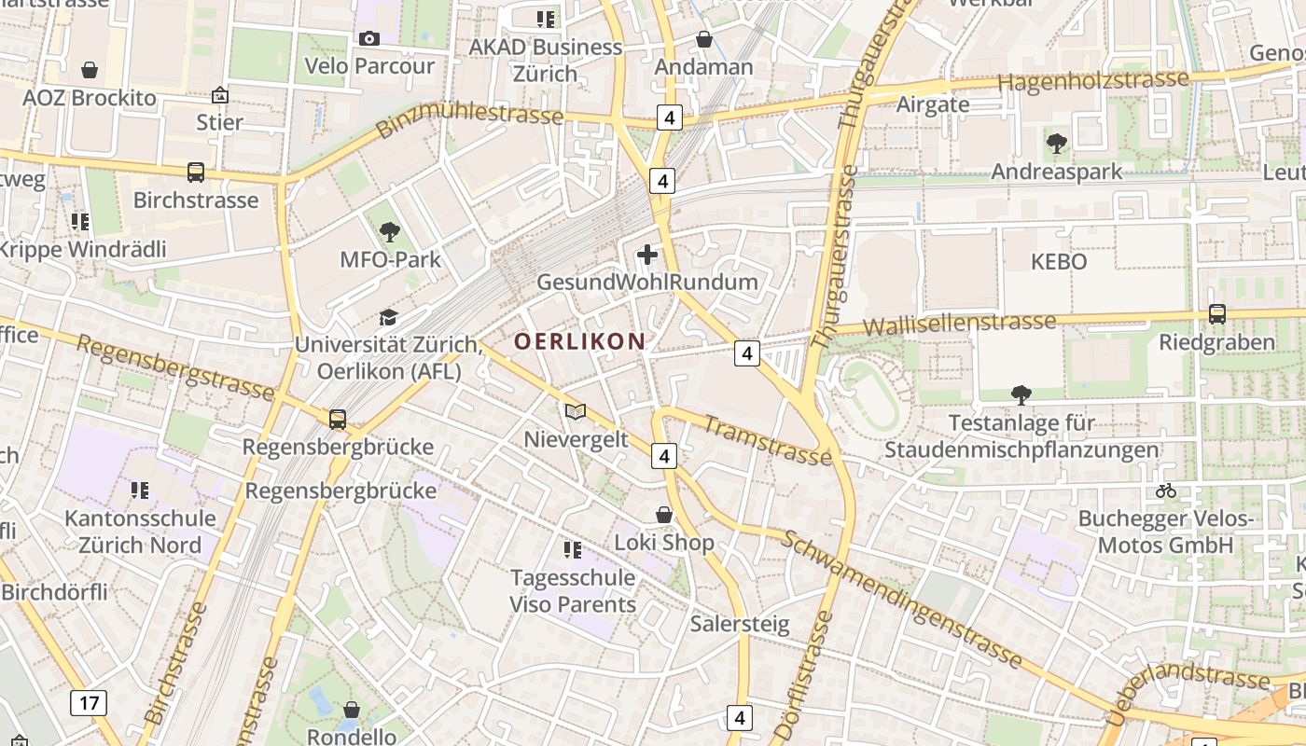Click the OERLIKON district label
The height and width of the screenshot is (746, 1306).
point(579,341)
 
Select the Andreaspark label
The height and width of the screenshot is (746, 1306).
point(1056,172)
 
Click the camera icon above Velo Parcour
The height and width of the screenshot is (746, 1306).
point(369,38)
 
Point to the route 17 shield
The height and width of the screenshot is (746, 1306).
point(89,702)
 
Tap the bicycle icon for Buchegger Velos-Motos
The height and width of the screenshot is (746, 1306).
point(1165,490)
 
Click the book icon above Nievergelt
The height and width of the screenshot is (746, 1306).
point(576,411)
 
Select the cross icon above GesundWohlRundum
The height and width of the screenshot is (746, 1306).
point(646,255)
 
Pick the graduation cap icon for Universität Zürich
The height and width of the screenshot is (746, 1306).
point(388,317)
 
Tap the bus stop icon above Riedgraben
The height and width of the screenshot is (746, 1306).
point(1216,314)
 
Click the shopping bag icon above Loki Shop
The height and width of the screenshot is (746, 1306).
point(664,515)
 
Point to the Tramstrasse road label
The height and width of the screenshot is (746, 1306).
point(766,440)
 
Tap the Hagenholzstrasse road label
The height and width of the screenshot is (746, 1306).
point(1093,81)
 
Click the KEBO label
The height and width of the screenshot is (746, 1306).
point(1059,262)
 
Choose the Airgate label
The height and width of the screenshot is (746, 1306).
point(933,104)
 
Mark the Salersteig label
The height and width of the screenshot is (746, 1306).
point(740,624)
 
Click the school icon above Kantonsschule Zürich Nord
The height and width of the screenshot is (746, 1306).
point(140,490)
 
